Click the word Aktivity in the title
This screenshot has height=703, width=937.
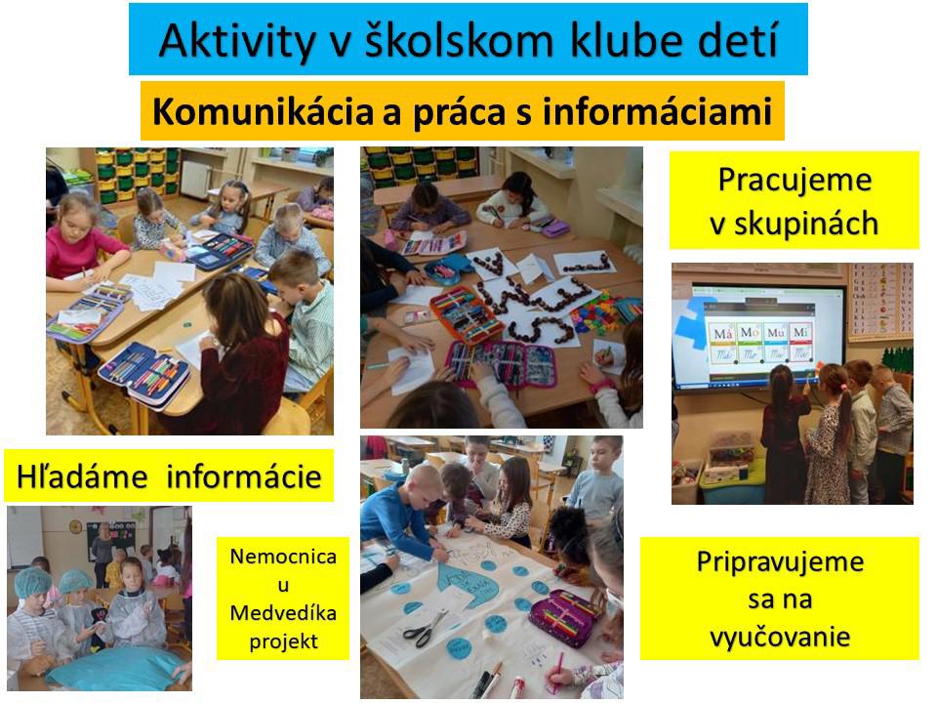[236, 41]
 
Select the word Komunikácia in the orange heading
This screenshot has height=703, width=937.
[263, 111]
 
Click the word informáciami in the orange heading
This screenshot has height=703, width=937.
[657, 111]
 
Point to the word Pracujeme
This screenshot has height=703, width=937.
[794, 180]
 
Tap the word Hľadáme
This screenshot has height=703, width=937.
[82, 477]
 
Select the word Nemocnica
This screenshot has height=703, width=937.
[283, 557]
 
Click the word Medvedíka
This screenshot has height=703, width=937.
[283, 613]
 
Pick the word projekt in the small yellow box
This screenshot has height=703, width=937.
[283, 642]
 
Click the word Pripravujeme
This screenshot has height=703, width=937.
[780, 562]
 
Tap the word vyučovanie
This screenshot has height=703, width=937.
[780, 636]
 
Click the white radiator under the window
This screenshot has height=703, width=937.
[193, 179]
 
